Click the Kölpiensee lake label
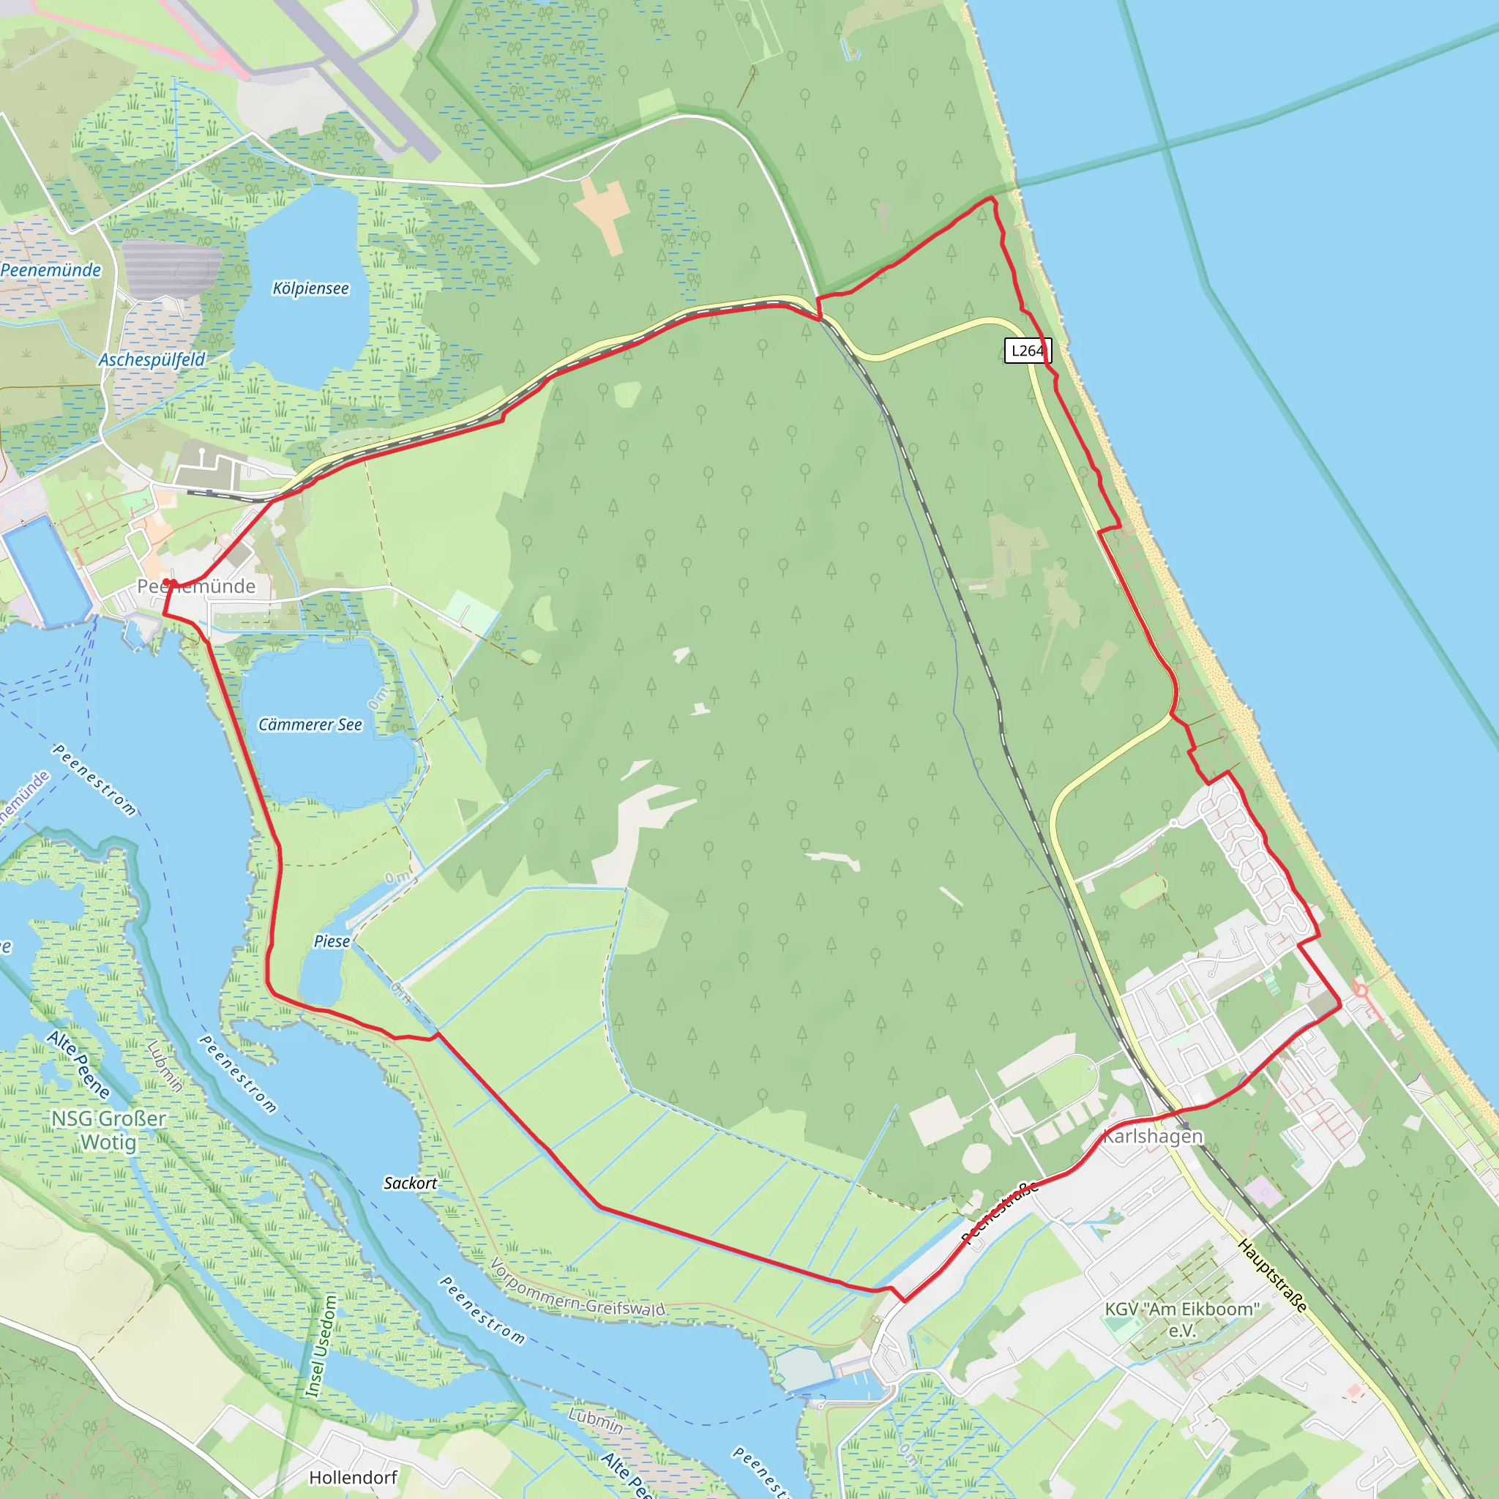click(310, 288)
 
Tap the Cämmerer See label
click(310, 725)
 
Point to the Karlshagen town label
click(1152, 1136)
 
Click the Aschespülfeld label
click(152, 360)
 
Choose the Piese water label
click(332, 941)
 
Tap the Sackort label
click(410, 1184)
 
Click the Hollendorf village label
click(353, 1477)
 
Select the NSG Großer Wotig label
click(108, 1130)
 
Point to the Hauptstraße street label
click(1272, 1276)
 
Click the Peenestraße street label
click(1000, 1212)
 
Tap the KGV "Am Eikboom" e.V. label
click(1181, 1319)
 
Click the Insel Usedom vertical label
click(321, 1346)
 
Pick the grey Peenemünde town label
click(196, 586)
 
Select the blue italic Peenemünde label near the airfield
click(51, 270)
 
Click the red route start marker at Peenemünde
click(167, 582)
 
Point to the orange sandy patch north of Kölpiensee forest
click(602, 211)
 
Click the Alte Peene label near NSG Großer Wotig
click(78, 1064)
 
